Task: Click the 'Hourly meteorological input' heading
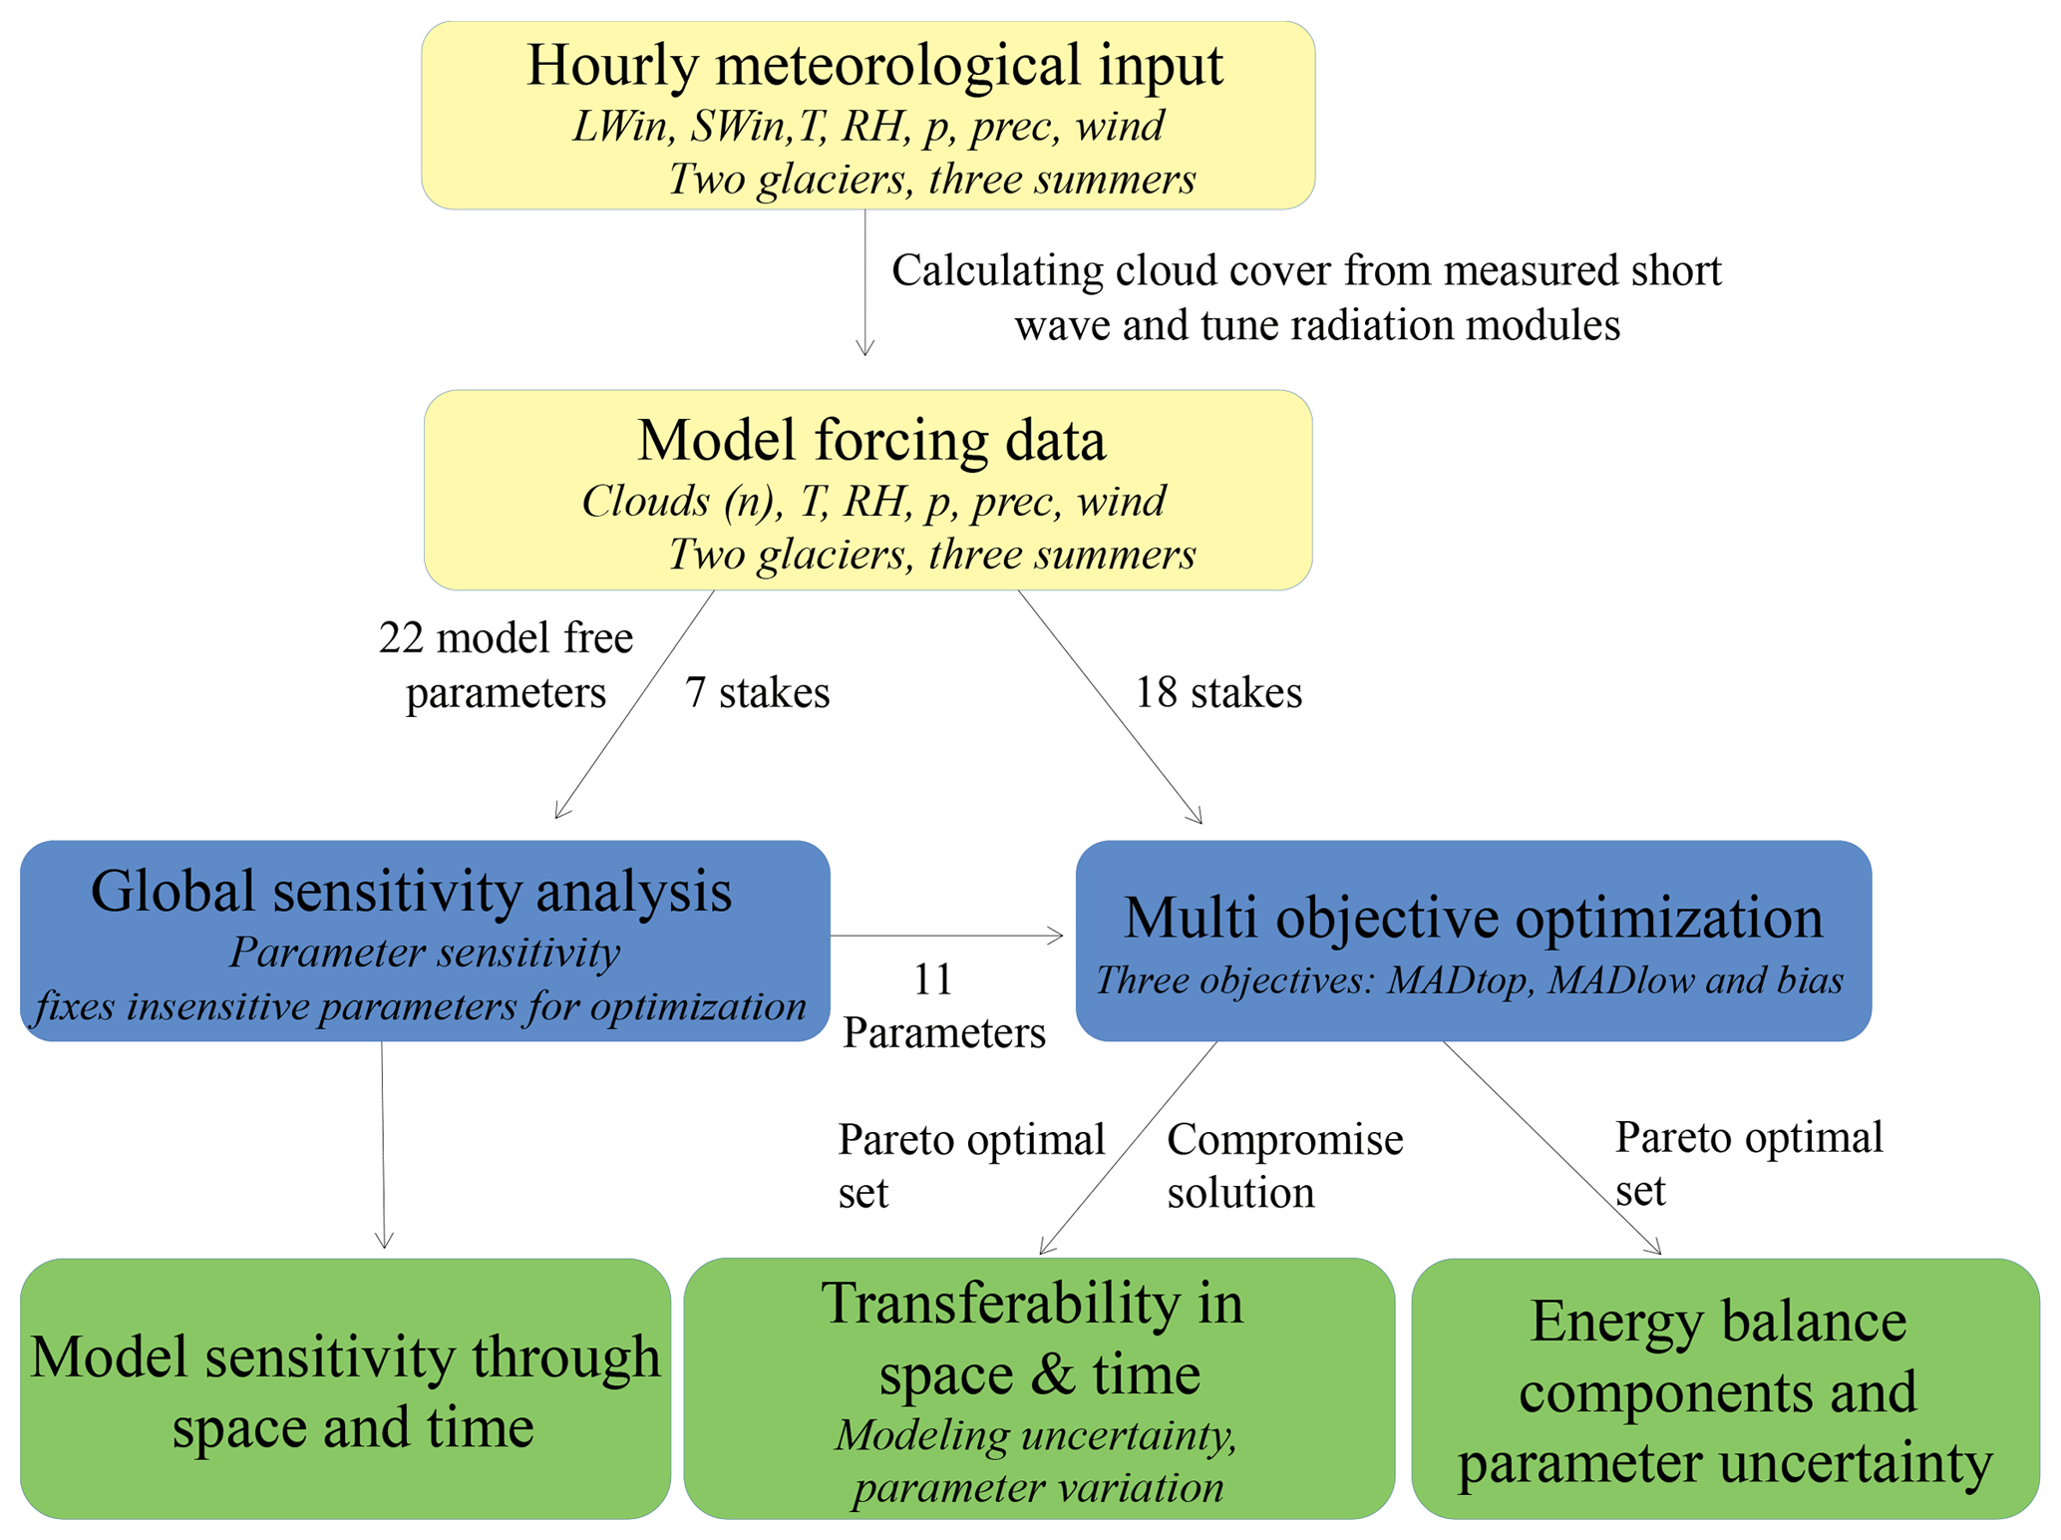coord(874,66)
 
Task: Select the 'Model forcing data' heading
coord(870,440)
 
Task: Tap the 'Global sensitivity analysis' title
coord(411,891)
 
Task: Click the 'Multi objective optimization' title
coord(1473,917)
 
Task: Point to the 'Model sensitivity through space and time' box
coord(345,1390)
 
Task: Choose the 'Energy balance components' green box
coord(1724,1390)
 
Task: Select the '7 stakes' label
coord(757,692)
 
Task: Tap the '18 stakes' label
coord(1218,692)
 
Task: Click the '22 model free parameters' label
coord(506,664)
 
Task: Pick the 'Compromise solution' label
coord(1283,1165)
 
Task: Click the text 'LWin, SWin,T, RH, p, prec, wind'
coord(867,127)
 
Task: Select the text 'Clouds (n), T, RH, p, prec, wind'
coord(872,502)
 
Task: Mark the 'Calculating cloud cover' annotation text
coord(1306,297)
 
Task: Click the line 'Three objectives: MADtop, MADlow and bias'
coord(1469,980)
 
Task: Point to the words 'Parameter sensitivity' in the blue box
coord(425,953)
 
